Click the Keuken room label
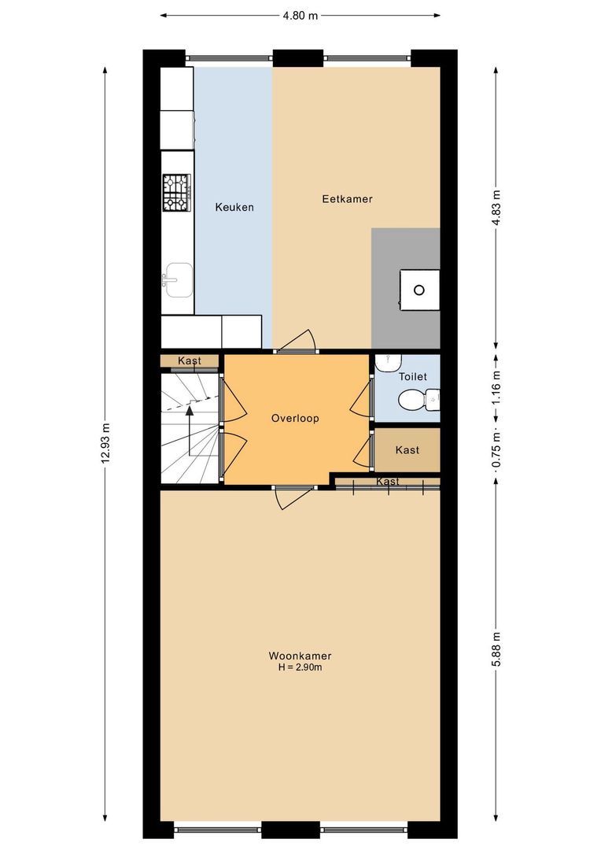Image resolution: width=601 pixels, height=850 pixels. pos(234,208)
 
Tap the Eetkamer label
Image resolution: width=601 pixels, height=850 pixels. pos(347,199)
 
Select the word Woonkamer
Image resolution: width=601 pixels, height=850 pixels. pos(300,656)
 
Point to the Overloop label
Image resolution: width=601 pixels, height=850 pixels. pos(295,419)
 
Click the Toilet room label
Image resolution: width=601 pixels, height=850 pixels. pos(413,377)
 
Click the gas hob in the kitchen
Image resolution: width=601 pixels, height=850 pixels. pos(177,193)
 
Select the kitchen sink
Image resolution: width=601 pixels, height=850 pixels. pos(177,279)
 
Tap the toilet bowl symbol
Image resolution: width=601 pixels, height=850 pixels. pos(413,402)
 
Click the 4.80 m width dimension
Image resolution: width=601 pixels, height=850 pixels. pos(300,14)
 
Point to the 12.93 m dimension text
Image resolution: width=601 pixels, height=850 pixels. pos(105,445)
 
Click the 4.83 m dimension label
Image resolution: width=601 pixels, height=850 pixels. pos(496,208)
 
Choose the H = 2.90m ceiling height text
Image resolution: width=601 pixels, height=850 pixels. pos(300,668)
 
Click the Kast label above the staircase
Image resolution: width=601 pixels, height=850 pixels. pos(190,360)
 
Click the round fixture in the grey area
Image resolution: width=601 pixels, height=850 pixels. pos(418,289)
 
